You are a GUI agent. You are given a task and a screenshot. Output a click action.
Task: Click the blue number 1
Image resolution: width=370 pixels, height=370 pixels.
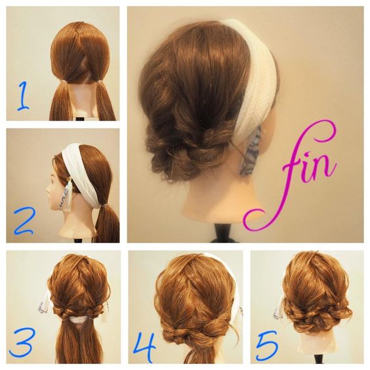(x=24, y=96)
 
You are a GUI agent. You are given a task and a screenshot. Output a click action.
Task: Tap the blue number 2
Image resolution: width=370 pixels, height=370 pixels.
(x=24, y=221)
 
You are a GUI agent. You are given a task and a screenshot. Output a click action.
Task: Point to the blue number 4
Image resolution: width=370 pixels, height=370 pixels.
(x=144, y=345)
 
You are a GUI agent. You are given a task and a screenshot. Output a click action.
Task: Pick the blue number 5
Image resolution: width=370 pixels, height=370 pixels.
(x=266, y=344)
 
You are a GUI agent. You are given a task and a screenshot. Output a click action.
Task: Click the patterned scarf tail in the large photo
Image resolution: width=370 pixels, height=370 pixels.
(x=250, y=151)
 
